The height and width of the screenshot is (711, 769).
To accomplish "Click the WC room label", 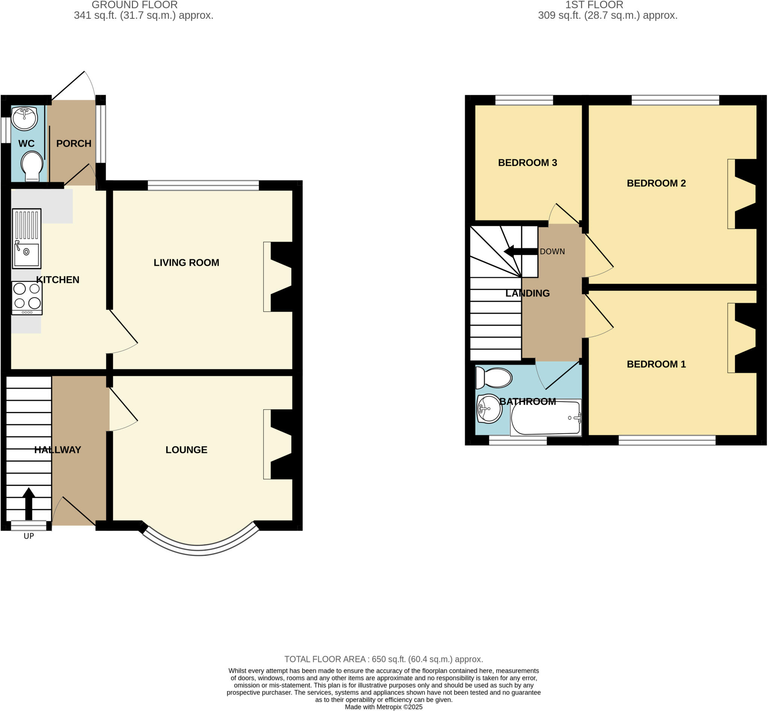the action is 26,143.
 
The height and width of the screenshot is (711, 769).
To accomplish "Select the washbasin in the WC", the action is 24,118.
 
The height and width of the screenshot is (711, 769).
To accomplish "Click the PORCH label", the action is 74,143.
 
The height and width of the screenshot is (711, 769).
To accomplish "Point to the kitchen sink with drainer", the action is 27,239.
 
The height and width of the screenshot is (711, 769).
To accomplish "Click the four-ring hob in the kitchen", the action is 27,298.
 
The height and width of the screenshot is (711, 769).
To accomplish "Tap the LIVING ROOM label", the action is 186,262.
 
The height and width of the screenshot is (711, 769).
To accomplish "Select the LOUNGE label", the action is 186,450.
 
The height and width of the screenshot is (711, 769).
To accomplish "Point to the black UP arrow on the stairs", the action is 29,504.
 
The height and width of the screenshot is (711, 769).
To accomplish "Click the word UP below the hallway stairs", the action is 29,536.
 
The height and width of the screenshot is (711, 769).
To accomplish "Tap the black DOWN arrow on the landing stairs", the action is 521,252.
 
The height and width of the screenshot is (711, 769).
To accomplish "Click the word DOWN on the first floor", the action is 552,252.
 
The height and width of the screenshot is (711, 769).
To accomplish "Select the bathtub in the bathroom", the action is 546,418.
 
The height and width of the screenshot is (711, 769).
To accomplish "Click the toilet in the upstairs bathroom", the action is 494,378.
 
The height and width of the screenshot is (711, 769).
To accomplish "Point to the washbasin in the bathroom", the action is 489,409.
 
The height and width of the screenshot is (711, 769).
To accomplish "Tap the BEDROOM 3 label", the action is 528,163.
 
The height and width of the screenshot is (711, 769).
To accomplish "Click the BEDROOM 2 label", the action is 656,183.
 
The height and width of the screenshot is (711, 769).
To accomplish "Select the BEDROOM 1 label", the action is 656,364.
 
